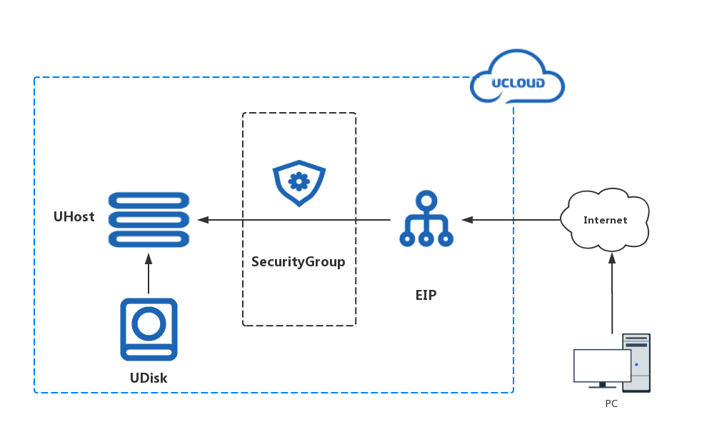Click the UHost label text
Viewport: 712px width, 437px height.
tap(74, 217)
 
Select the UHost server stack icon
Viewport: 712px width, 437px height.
tap(149, 219)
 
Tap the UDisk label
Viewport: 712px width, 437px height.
tap(149, 378)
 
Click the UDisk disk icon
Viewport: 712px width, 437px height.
tap(149, 329)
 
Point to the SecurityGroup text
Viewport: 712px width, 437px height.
tap(298, 262)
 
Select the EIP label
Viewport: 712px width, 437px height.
tap(426, 294)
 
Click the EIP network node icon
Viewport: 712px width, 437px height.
tap(426, 219)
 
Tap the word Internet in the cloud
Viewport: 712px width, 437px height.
tap(605, 220)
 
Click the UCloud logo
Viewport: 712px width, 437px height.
tap(518, 79)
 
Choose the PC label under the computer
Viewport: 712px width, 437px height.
tap(611, 404)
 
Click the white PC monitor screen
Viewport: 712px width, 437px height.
tap(602, 366)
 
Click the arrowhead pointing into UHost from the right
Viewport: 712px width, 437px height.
tap(203, 220)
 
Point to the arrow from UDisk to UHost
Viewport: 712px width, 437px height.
tap(149, 276)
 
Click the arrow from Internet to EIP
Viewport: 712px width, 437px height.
tap(511, 220)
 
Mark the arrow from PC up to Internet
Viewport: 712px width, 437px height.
tap(612, 293)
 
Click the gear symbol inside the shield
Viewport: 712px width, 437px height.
tap(298, 181)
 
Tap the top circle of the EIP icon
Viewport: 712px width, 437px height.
tap(426, 199)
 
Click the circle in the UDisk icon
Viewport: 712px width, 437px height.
tap(149, 324)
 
